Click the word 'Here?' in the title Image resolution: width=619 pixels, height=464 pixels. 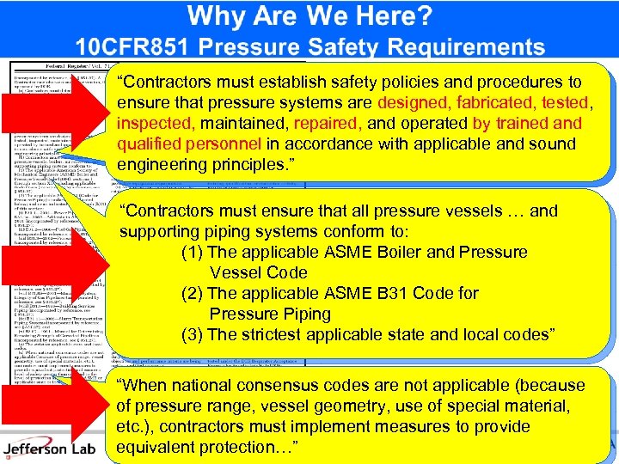click(x=390, y=15)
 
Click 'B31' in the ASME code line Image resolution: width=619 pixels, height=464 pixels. click(x=404, y=294)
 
